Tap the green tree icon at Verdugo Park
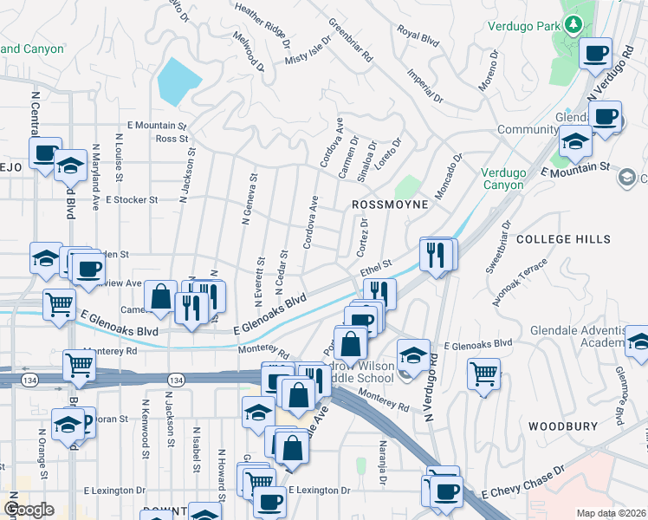click(572, 24)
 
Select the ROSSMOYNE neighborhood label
click(390, 204)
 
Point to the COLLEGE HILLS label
click(563, 238)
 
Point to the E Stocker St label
click(132, 199)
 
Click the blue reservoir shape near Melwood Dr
click(178, 81)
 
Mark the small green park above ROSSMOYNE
click(406, 187)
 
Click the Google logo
click(29, 509)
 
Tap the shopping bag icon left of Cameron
click(161, 296)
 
